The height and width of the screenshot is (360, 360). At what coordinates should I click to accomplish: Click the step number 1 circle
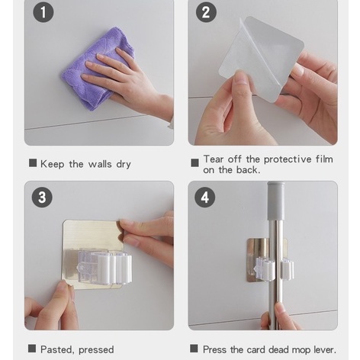tap(43, 12)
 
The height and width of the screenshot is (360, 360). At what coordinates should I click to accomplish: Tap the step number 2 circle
tap(206, 12)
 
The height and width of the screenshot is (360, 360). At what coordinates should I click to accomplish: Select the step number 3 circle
tap(42, 198)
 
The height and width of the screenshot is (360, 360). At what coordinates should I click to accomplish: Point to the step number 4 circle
tap(205, 198)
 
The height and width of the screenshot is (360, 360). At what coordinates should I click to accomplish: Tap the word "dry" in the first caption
tap(124, 165)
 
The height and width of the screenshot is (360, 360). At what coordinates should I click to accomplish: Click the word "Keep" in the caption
tap(52, 164)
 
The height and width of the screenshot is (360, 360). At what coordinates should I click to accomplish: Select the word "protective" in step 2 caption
tap(288, 159)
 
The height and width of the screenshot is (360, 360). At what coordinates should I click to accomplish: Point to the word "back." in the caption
tap(249, 170)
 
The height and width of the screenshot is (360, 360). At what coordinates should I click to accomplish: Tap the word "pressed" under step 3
tap(96, 350)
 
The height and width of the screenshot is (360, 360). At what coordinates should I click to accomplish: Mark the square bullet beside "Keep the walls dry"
tap(33, 163)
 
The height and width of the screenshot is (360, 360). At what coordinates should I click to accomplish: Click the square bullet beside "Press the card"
tap(194, 349)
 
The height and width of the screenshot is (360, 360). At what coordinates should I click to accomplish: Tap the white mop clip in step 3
tap(104, 267)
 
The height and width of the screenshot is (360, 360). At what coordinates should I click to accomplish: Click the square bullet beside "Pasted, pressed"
tap(32, 349)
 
